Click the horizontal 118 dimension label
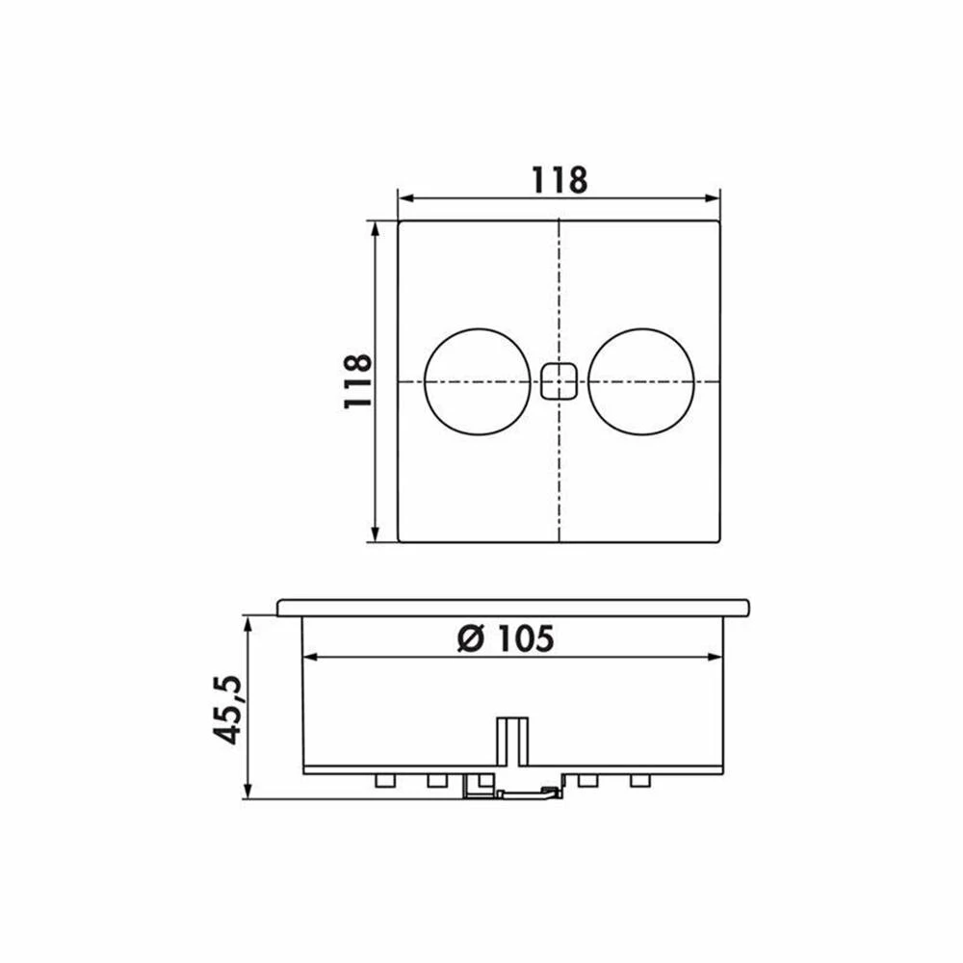[559, 180]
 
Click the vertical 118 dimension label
[358, 380]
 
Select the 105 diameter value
[525, 638]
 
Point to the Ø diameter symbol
[473, 638]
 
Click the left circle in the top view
[478, 381]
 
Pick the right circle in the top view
[641, 381]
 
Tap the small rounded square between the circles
[560, 381]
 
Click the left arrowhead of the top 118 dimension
[405, 197]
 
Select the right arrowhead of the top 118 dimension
[713, 197]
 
